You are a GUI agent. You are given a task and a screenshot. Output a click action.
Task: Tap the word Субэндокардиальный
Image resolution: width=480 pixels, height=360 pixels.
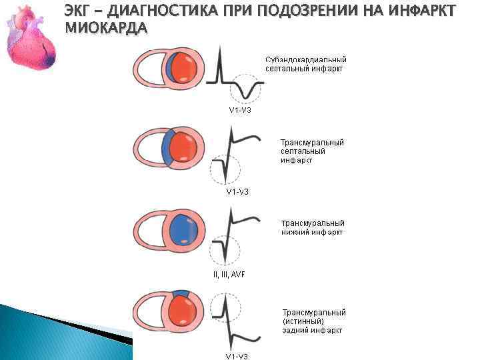tap(305, 59)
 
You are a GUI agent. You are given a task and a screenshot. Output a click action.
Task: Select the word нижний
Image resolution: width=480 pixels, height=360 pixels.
tap(297, 232)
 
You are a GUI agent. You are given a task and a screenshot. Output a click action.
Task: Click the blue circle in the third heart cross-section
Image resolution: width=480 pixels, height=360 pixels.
tap(183, 229)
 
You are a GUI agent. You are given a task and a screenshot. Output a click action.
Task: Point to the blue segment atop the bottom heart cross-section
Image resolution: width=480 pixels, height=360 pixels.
tap(181, 293)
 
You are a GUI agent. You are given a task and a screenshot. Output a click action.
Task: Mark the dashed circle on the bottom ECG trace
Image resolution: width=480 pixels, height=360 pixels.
tap(225, 309)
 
